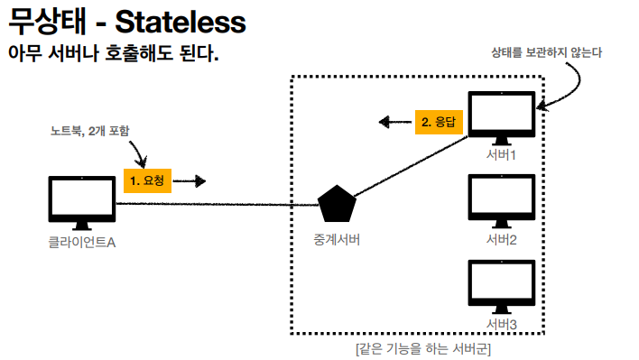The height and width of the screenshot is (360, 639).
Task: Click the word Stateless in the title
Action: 181,22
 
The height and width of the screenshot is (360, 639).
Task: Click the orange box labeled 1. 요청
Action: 147,180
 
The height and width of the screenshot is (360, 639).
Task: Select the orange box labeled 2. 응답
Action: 439,122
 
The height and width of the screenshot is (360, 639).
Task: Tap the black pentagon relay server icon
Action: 337,204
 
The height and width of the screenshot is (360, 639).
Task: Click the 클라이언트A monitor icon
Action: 82,203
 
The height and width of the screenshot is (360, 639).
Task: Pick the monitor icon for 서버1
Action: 502,118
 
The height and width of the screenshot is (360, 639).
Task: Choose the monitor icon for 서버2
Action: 502,201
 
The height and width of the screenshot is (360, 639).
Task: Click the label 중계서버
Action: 337,239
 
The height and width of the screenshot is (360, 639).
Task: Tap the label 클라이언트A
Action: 82,243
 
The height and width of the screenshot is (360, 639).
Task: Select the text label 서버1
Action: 501,155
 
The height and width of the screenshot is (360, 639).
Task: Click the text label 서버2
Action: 501,239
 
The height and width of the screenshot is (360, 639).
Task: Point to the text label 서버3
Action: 501,324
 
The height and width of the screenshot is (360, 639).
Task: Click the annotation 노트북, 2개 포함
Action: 89,131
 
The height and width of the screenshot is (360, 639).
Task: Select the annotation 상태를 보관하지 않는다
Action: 547,52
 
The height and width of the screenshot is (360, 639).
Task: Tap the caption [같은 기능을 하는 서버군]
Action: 423,349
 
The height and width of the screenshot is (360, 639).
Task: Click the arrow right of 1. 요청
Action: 190,180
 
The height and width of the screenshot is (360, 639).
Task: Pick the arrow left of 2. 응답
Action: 395,122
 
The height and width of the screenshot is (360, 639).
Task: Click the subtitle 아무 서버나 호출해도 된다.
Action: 114,53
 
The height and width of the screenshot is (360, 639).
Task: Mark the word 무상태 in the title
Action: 47,22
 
